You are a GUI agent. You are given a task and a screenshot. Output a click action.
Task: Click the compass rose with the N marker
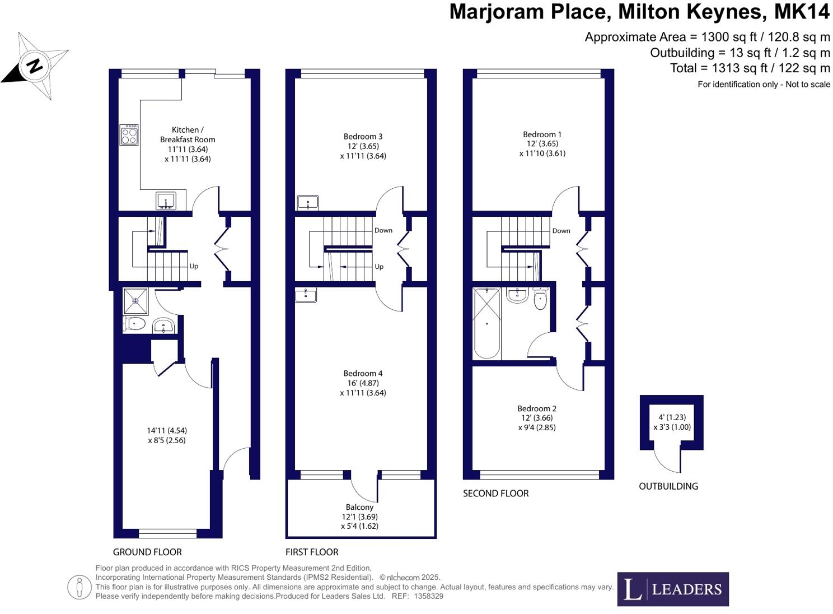tap(35, 66)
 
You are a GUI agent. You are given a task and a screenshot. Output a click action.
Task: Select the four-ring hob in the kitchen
tap(129, 134)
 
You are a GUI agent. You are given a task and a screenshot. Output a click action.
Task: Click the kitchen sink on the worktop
tap(166, 201)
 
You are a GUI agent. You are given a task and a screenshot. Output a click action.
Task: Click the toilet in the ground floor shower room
tap(134, 324)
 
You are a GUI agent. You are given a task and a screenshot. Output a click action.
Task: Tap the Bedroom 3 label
tap(363, 136)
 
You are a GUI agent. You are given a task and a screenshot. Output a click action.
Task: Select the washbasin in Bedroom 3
tap(307, 202)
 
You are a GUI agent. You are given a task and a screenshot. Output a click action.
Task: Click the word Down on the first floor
tap(383, 230)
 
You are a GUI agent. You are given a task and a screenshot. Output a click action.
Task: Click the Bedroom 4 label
tap(363, 373)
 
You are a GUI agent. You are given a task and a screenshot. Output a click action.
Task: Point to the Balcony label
tap(359, 507)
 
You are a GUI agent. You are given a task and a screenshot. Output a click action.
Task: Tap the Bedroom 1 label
tap(542, 134)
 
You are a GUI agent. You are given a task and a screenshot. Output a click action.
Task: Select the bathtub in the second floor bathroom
tap(487, 323)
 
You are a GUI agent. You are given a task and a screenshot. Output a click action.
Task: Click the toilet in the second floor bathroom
tap(540, 300)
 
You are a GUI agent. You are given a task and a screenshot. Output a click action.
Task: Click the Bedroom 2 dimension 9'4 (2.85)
tap(537, 427)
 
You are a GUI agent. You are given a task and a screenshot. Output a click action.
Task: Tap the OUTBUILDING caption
tap(668, 486)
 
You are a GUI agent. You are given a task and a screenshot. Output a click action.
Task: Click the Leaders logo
tap(673, 589)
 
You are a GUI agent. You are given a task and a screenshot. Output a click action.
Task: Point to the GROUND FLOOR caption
tap(147, 552)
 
